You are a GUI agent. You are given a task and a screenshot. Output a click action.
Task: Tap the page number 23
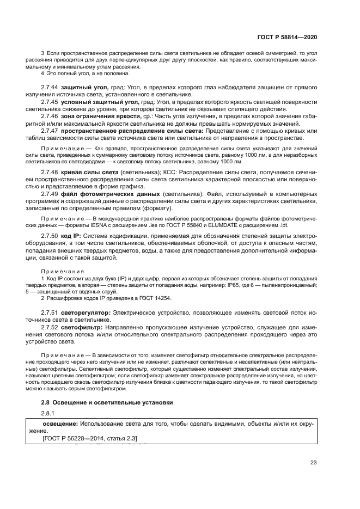click(313, 463)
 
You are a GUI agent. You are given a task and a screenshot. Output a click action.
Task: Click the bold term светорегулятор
click(86, 313)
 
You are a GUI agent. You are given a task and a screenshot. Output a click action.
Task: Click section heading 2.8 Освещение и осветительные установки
click(107, 402)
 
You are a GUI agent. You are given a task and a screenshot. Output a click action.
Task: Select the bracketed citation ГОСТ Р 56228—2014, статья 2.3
click(90, 438)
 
